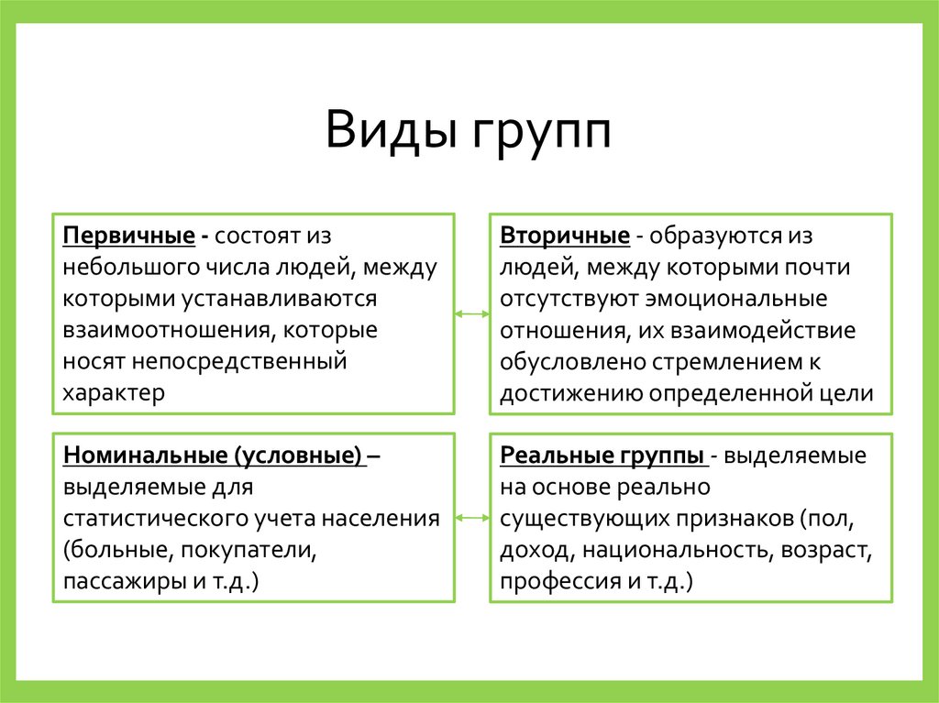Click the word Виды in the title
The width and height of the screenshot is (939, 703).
click(391, 130)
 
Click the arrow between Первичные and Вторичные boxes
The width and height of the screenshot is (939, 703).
click(471, 314)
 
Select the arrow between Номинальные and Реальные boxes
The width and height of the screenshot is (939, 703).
click(471, 518)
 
